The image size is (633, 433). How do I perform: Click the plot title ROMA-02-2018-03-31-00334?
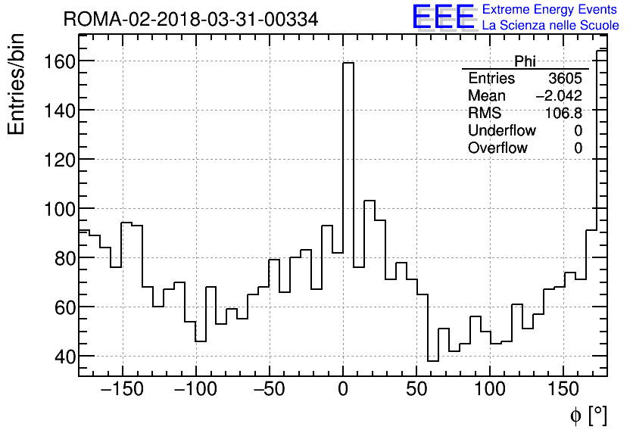191,19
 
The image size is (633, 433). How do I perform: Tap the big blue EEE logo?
443,17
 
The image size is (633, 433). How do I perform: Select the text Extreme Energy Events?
550,10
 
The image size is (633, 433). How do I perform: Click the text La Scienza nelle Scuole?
550,26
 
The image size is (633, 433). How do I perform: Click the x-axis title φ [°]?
588,416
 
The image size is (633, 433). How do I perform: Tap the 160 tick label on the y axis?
57,61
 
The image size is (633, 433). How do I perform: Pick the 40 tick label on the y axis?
62,357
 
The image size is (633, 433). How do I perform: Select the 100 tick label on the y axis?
57,209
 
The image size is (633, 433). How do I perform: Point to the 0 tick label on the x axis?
343,390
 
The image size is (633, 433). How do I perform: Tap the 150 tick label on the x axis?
563,390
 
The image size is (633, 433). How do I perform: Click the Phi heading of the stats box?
525,61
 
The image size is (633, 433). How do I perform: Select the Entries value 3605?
565,79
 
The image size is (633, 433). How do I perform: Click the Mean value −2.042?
558,96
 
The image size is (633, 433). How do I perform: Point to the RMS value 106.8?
563,114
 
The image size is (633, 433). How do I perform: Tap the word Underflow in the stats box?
501,131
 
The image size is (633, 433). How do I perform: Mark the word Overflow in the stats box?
497,148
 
